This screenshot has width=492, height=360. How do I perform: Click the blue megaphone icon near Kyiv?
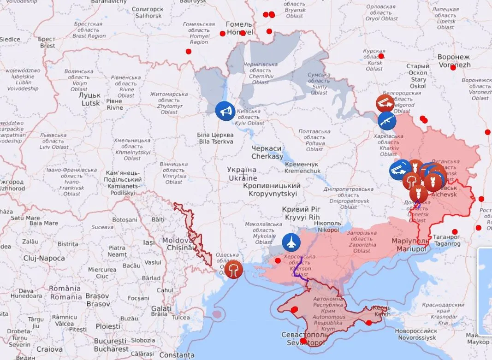pyautogui.click(x=225, y=111)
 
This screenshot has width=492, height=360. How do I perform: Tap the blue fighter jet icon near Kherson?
pyautogui.click(x=291, y=241)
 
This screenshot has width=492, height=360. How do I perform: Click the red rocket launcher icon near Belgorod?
pyautogui.click(x=385, y=103)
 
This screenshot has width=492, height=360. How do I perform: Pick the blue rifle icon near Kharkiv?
pyautogui.click(x=386, y=120)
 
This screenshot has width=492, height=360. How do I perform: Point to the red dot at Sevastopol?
pyautogui.click(x=303, y=341)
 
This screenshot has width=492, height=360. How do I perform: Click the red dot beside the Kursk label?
pyautogui.click(x=381, y=56)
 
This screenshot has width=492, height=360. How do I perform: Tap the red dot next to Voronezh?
pyautogui.click(x=453, y=67)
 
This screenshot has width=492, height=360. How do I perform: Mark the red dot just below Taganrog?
pyautogui.click(x=455, y=232)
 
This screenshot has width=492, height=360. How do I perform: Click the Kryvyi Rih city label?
pyautogui.click(x=302, y=213)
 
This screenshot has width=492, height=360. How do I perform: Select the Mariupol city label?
pyautogui.click(x=410, y=245)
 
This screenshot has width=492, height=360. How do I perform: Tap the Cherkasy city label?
pyautogui.click(x=267, y=153)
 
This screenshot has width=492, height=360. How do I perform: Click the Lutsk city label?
pyautogui.click(x=91, y=99)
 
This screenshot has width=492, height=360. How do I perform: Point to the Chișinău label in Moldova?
pyautogui.click(x=182, y=244)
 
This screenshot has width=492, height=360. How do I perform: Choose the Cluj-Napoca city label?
pyautogui.click(x=44, y=258)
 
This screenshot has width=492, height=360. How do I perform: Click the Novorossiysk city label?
pyautogui.click(x=415, y=334)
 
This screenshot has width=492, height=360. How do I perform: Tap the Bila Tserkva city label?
pyautogui.click(x=216, y=138)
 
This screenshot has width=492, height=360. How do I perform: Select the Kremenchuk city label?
pyautogui.click(x=302, y=167)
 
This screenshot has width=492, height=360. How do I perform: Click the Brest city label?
pyautogui.click(x=47, y=42)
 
